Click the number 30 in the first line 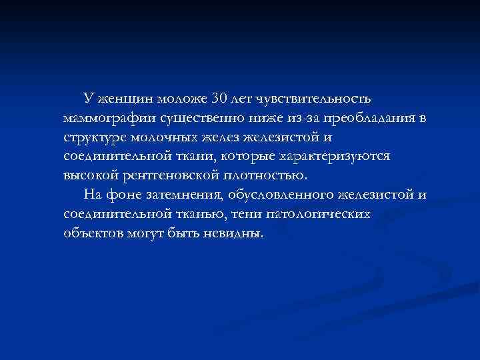[219, 99]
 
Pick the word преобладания [353, 119]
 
